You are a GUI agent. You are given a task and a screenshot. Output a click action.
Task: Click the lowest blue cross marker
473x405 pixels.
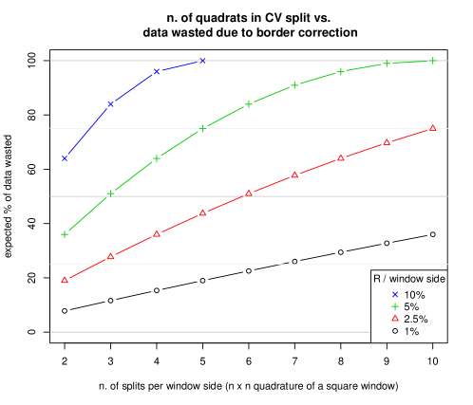point(65,158)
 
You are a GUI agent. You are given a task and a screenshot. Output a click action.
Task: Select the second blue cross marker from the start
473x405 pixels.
point(111,103)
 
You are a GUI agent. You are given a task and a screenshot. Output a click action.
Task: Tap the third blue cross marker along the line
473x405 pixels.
point(157,71)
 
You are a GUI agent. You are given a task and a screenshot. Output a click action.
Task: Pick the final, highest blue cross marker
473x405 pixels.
point(203,61)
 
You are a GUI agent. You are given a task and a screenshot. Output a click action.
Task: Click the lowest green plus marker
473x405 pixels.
point(65,234)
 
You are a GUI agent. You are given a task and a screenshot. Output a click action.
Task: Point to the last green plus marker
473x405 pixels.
point(433,61)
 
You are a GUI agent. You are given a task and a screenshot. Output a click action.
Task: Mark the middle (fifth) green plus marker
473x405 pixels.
point(249,103)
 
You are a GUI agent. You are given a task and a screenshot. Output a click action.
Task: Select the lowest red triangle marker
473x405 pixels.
point(65,280)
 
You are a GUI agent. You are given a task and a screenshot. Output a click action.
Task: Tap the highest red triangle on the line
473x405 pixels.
point(433,127)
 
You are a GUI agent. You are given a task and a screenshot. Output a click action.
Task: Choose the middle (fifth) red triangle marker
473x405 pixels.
point(249,193)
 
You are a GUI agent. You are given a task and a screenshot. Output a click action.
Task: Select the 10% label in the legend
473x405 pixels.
point(414,295)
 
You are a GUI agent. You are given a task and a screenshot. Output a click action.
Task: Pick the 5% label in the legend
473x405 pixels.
point(411,306)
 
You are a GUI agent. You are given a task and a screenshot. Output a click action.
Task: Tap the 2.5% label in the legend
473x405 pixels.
point(416,319)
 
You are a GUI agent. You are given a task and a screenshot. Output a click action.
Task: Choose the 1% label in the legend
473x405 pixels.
point(411,331)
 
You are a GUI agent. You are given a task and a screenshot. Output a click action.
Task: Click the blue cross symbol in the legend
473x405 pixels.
point(394,295)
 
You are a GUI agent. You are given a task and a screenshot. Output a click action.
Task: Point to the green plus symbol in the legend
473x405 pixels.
point(394,306)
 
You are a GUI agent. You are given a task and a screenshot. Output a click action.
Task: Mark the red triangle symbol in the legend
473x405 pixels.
point(394,319)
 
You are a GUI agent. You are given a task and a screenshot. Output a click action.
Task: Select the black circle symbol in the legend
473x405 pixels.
point(394,330)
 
